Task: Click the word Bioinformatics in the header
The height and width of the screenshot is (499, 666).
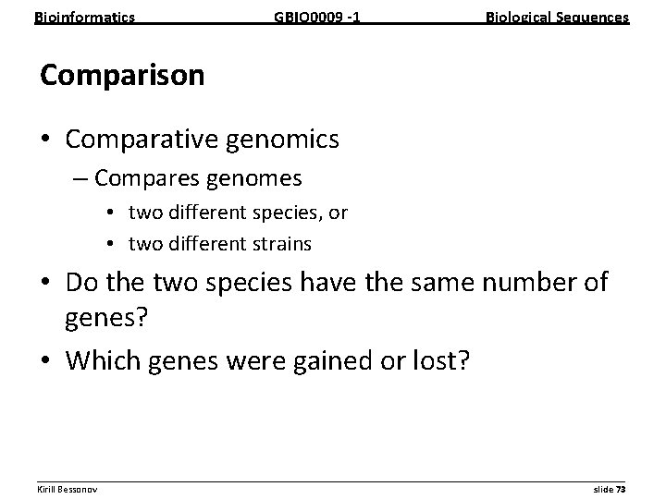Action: [84, 17]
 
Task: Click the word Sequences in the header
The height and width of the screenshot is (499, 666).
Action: [593, 17]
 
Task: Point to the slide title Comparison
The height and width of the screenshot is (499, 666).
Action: [122, 76]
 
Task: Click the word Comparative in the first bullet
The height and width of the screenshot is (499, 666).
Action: [143, 140]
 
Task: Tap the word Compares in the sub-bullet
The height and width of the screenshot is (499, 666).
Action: [148, 176]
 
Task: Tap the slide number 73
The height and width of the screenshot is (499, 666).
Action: [621, 488]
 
